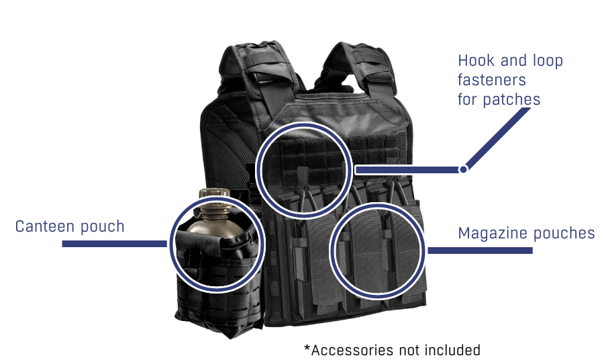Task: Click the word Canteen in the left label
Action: (x=43, y=226)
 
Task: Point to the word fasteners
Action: (x=491, y=80)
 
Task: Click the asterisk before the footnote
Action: (x=307, y=349)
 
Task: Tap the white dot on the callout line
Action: (x=462, y=169)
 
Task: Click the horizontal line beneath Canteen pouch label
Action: (x=114, y=244)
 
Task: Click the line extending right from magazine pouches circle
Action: (x=480, y=251)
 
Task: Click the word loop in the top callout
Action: (x=547, y=61)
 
